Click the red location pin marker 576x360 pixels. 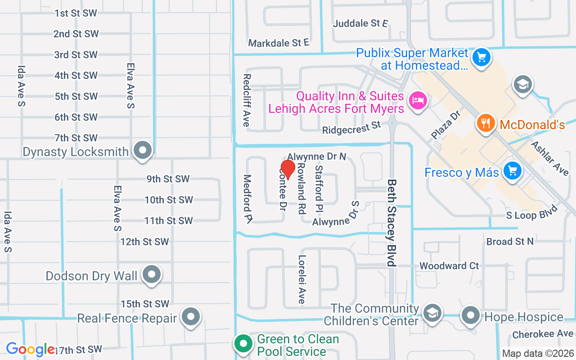coord(287,170)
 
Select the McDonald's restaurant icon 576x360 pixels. coord(485,123)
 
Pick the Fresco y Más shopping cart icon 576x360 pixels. coord(512,171)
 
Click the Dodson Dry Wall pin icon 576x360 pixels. coord(152,274)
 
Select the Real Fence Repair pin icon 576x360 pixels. coord(191,317)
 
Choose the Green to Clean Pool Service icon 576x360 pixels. coord(243,344)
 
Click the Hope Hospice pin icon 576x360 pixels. coord(471,316)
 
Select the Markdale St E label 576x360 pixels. coord(279,43)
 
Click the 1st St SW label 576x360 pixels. coord(76,13)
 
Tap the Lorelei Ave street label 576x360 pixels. coord(301,279)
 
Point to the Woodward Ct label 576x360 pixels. coord(449,266)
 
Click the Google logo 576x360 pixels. coord(30,349)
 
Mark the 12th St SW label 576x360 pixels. coord(144,242)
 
